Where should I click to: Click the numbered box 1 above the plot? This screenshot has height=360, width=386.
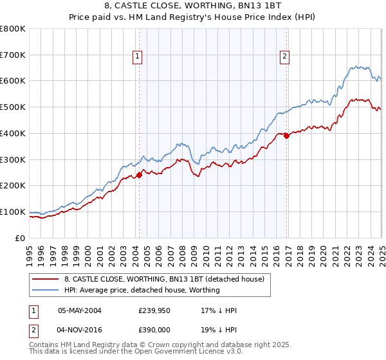pos(138,57)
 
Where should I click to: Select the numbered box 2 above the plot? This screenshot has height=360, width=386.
pos(284,57)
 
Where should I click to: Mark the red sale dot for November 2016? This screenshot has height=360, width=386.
pos(286,136)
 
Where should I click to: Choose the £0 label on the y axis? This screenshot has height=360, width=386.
pos(21,238)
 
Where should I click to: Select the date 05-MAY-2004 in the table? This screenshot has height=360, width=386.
pos(80,310)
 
